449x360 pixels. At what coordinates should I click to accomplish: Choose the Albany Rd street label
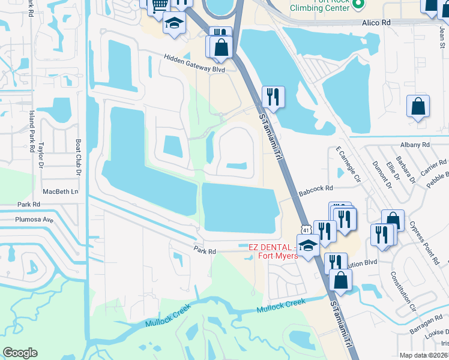[x=415, y=145]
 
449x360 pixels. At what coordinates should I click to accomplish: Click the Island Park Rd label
[x=31, y=131]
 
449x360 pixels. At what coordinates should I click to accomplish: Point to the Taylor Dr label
[x=42, y=154]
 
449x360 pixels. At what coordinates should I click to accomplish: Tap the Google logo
[x=20, y=353]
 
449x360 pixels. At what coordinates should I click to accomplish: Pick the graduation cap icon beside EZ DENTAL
[x=309, y=245]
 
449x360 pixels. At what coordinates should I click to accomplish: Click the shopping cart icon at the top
[x=159, y=5]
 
